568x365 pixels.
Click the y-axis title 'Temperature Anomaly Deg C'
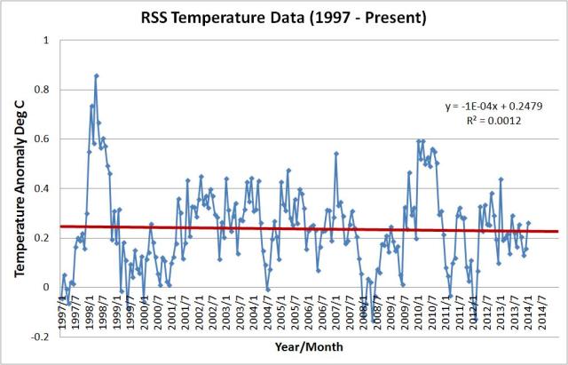19,187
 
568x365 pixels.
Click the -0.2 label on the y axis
39,337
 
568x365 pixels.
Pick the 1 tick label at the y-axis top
45,41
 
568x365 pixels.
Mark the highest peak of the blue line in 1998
96,75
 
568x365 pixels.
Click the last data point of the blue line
528,224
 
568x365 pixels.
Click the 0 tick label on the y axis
45,287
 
